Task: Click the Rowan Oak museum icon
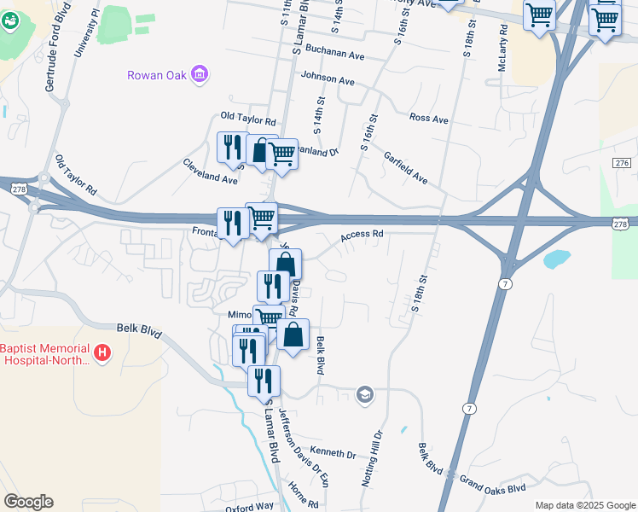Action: [200, 75]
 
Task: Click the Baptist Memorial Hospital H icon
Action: [102, 352]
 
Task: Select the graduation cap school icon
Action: [365, 394]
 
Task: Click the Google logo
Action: [28, 502]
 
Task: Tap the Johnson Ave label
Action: [327, 80]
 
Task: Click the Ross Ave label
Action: [428, 119]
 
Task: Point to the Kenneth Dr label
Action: [332, 453]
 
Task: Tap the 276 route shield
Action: [621, 163]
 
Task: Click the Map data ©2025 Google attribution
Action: [584, 505]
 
